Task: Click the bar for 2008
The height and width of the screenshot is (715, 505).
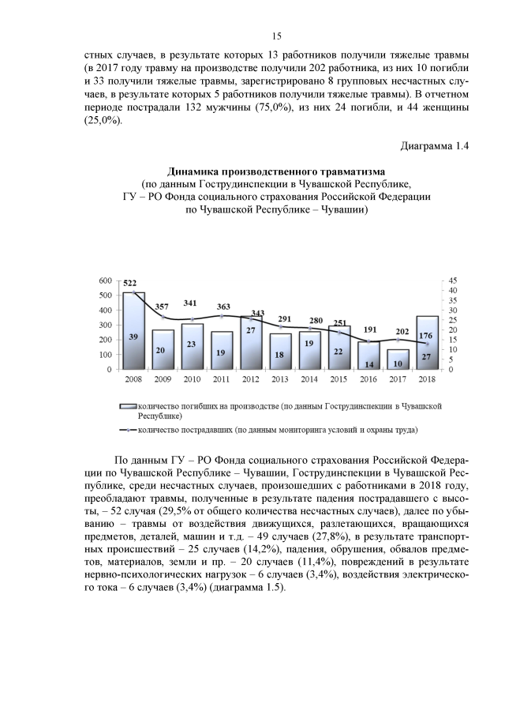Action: coord(133,331)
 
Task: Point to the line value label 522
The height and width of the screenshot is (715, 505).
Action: coord(131,284)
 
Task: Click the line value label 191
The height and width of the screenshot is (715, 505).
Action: coord(369,329)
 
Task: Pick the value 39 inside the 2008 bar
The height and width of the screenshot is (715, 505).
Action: coord(133,337)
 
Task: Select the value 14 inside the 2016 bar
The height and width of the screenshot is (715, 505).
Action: coord(368,363)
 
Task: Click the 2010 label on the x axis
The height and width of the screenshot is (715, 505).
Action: coord(193,380)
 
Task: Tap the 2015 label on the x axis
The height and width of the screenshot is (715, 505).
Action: coord(339,380)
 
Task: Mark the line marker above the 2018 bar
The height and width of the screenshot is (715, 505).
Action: coord(427,344)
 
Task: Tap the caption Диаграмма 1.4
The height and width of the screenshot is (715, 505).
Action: coord(435,146)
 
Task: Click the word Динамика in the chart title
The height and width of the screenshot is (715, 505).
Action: coord(196,170)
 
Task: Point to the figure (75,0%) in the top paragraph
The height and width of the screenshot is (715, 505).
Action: coord(277,107)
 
